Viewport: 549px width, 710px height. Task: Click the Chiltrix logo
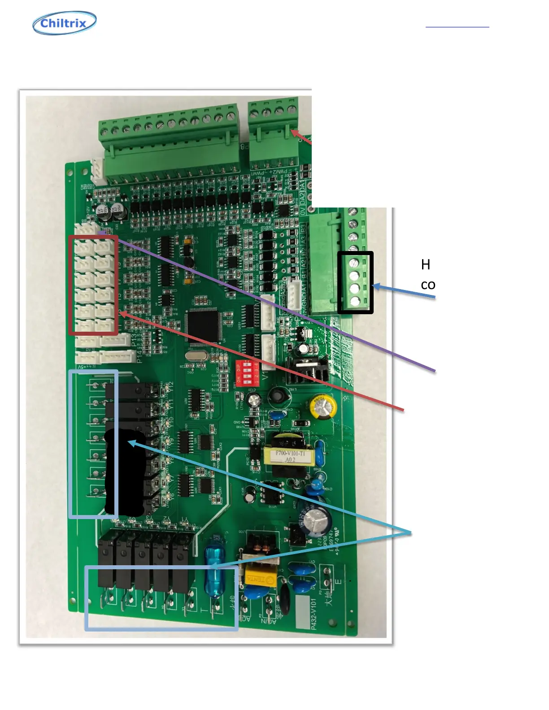(65, 23)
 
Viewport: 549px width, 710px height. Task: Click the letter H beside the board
(426, 265)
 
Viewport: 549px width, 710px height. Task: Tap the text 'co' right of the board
(428, 285)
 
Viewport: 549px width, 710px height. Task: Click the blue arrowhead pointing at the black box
(376, 286)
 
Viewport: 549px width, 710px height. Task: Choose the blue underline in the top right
(457, 27)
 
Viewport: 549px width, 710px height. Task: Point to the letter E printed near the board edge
(339, 582)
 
